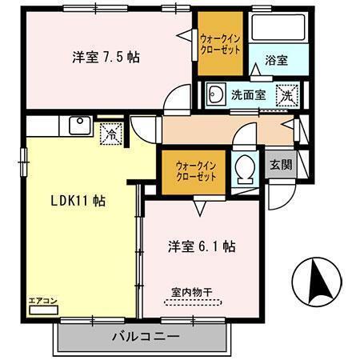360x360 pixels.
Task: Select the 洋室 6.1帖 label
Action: point(201,245)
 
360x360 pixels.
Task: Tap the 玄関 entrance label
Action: point(280,165)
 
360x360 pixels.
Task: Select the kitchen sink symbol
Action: point(80,126)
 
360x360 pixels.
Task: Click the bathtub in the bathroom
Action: point(275,29)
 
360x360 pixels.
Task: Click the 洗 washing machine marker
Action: point(286,94)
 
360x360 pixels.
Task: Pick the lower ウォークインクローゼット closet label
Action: point(197,171)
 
